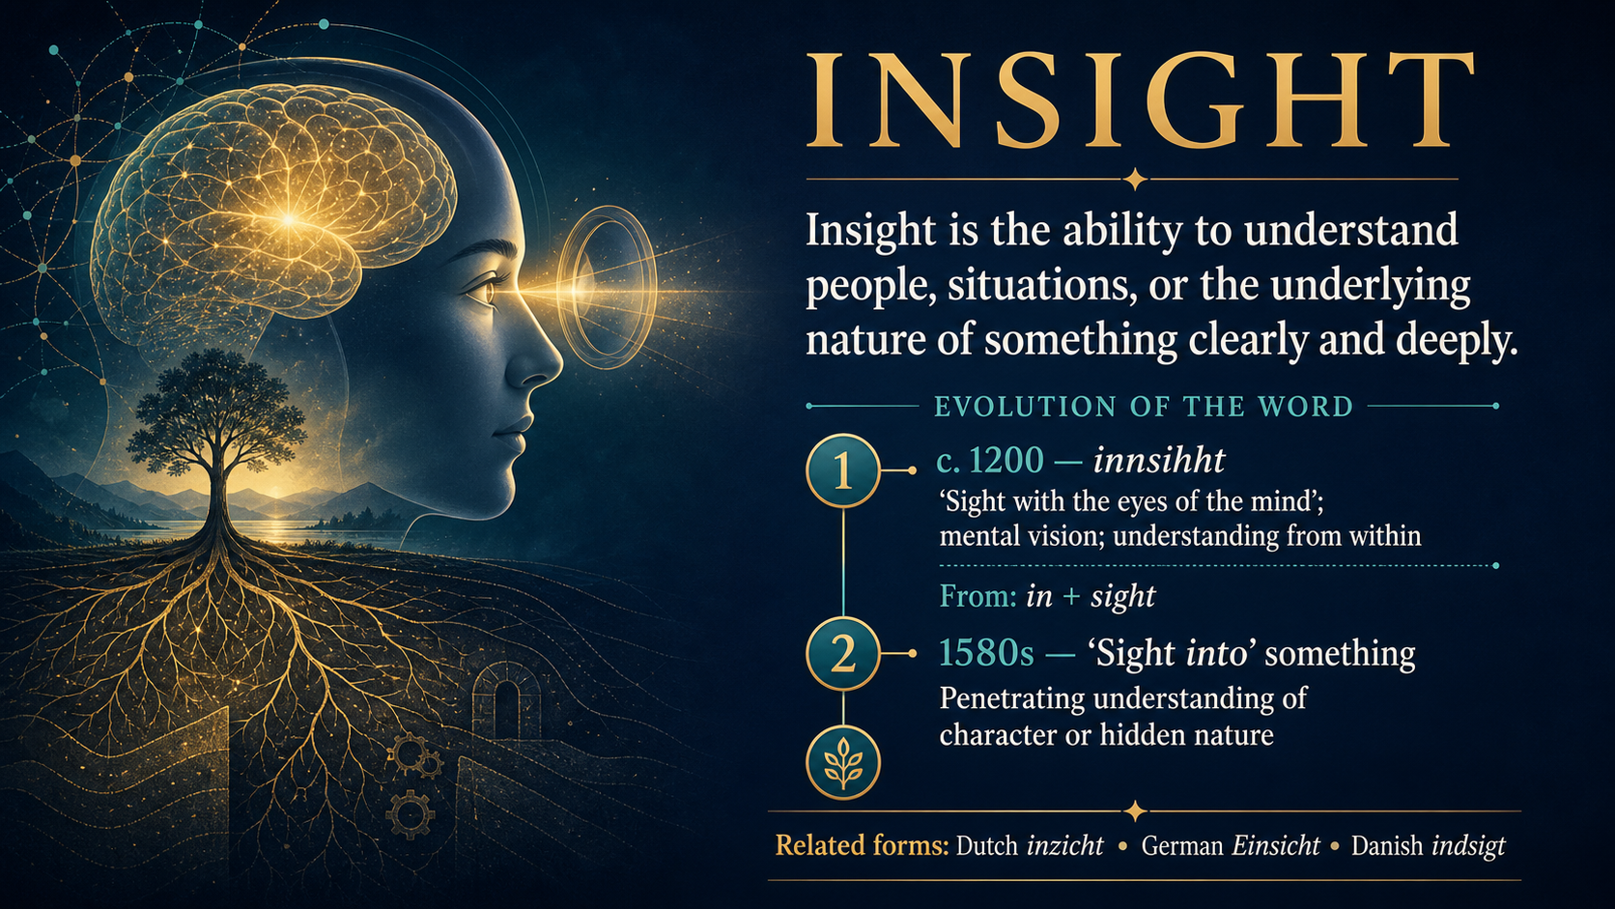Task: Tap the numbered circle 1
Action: click(x=843, y=470)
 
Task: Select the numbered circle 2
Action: click(x=843, y=654)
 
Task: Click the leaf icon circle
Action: click(x=843, y=763)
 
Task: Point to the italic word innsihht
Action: click(x=1159, y=460)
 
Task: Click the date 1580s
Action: click(x=986, y=653)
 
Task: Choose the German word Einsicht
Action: click(x=1275, y=845)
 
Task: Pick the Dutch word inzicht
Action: click(x=1064, y=845)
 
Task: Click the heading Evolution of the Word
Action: click(x=1144, y=407)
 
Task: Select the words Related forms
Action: click(x=862, y=845)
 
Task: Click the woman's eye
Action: click(x=486, y=291)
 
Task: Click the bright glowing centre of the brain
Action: click(x=289, y=218)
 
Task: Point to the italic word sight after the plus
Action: click(x=1122, y=597)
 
